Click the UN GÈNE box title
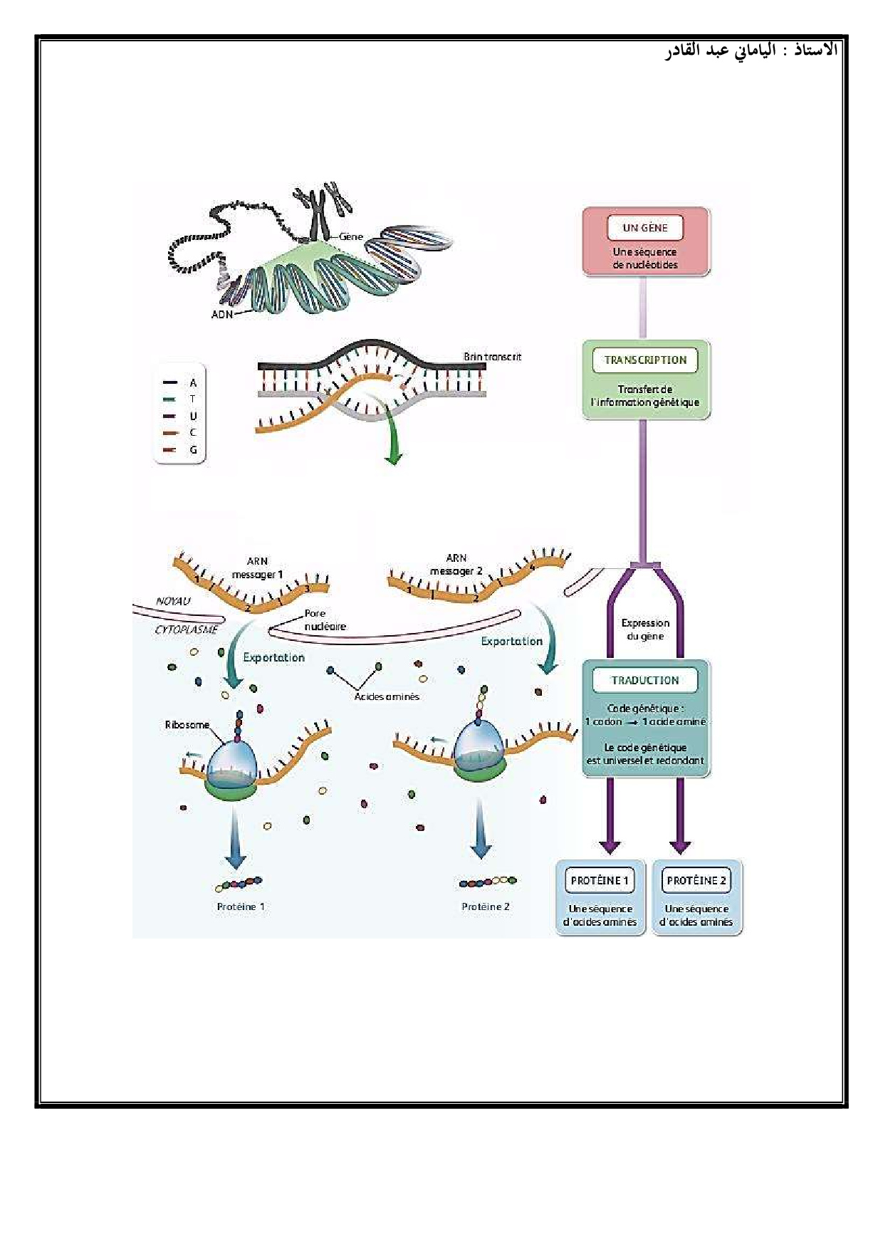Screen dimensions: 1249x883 645,228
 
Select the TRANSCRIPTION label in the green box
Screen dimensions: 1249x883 645,360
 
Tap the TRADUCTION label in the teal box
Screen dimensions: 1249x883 645,681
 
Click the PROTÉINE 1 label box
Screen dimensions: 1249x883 600,881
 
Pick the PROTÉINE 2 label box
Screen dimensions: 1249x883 696,881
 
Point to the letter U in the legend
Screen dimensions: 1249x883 193,416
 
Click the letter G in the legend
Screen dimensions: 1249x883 193,450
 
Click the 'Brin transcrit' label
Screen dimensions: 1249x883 492,357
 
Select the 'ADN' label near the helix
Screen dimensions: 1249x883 222,314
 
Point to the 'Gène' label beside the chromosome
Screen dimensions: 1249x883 351,236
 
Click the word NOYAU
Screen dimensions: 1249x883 173,601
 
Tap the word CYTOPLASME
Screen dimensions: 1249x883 186,629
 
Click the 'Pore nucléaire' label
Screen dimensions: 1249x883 325,620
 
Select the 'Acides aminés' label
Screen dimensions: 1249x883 387,696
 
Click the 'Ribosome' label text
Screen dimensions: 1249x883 187,725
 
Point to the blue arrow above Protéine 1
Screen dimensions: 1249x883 235,840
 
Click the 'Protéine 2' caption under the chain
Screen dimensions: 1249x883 486,906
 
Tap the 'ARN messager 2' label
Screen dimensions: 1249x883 456,565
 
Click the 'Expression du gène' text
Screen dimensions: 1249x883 645,629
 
